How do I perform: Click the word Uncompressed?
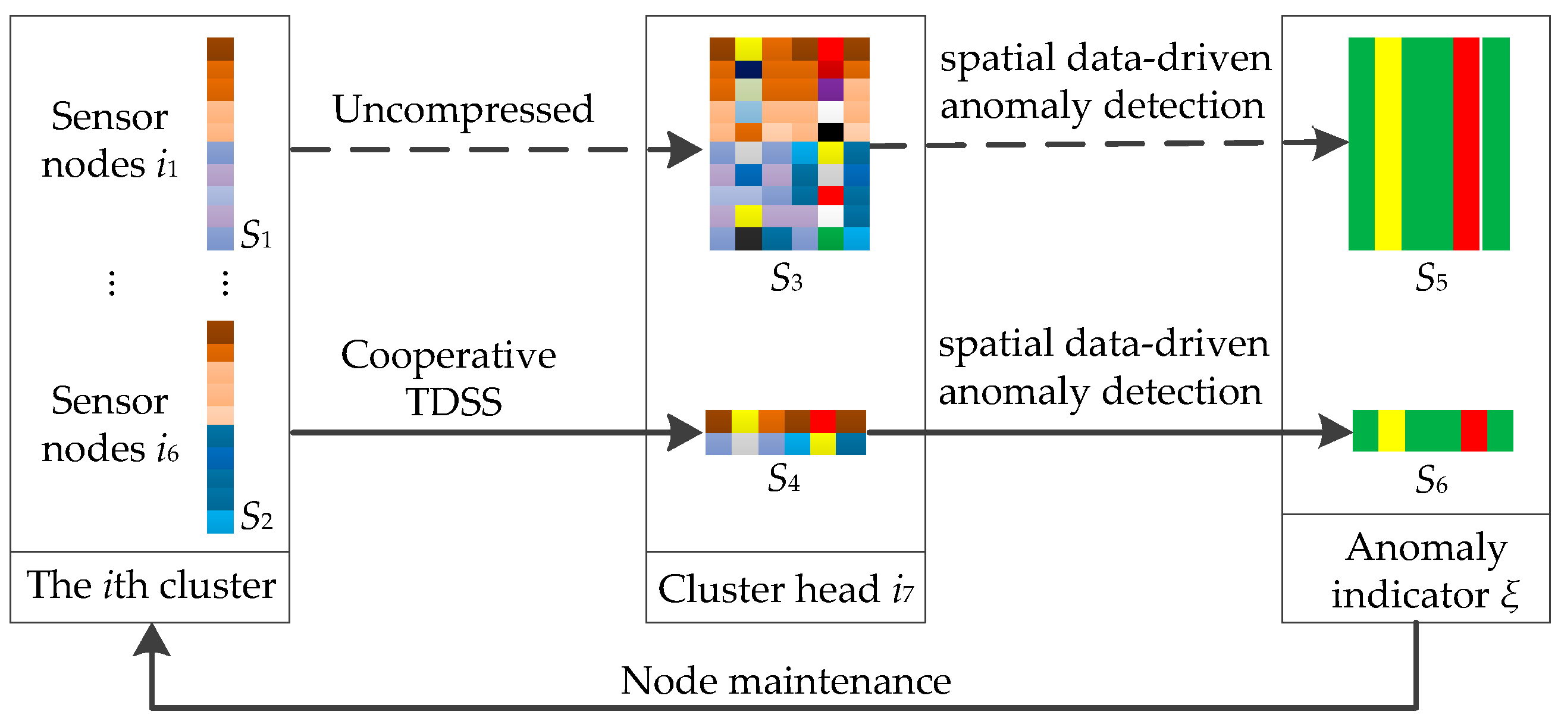(x=463, y=110)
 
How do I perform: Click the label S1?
(x=256, y=234)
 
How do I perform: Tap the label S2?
(x=256, y=516)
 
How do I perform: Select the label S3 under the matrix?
(x=786, y=278)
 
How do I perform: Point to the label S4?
(x=783, y=478)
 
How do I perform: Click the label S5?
(x=1430, y=278)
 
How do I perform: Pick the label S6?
(x=1430, y=480)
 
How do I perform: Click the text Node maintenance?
(x=785, y=681)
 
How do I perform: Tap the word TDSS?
(x=454, y=402)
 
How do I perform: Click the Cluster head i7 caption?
(x=785, y=589)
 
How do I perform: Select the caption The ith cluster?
(x=151, y=585)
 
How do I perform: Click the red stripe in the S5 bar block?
(x=1465, y=144)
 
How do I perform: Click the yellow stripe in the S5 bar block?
(x=1387, y=144)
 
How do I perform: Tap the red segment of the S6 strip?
(x=1474, y=431)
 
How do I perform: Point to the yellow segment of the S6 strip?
(x=1391, y=431)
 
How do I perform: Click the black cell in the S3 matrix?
(x=830, y=132)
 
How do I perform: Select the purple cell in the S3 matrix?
(x=830, y=89)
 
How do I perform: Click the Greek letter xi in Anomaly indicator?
(x=1510, y=596)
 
